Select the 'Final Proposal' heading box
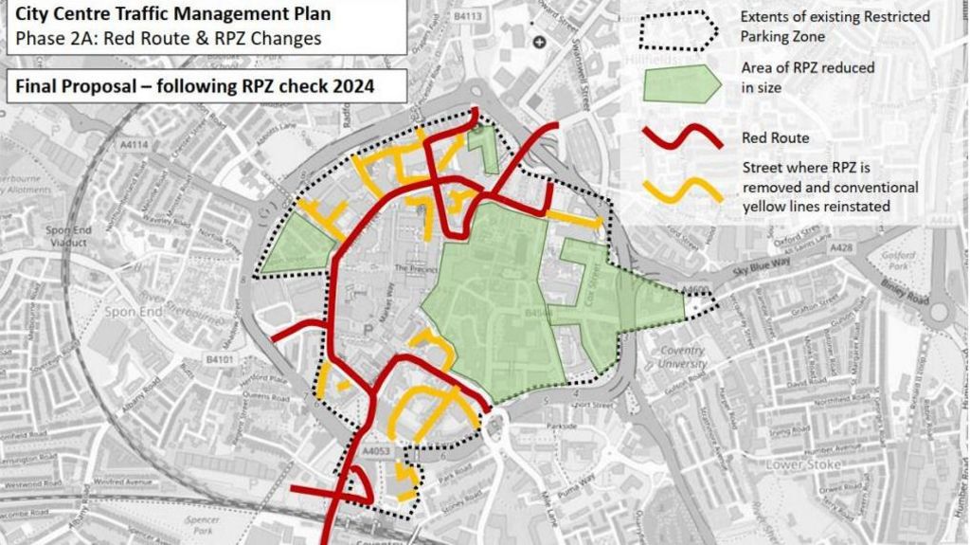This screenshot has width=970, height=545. point(195,86)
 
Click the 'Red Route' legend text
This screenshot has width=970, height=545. point(775,138)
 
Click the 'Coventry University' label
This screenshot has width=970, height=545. point(682,357)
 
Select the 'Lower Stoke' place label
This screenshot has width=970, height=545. point(798,465)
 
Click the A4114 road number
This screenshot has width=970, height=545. point(135,145)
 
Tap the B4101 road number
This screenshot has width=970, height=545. point(219,360)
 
